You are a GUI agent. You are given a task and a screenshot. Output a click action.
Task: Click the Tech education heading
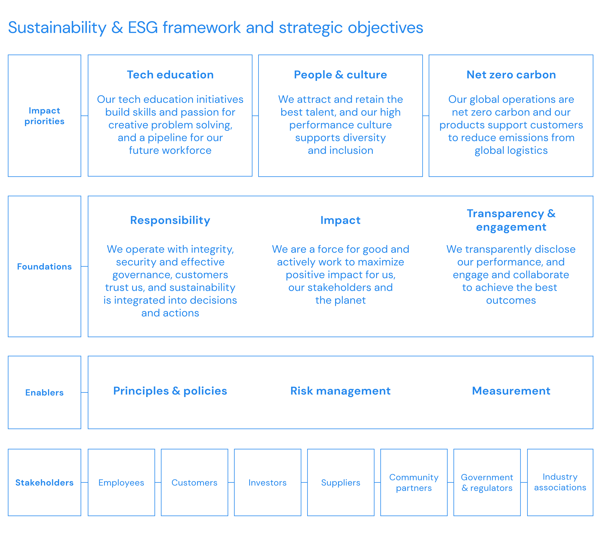[x=170, y=75]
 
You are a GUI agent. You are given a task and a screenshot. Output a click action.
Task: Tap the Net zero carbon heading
[x=511, y=75]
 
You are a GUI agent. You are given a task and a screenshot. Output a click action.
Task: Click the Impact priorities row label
[x=44, y=116]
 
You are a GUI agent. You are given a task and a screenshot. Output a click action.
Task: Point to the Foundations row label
[x=44, y=266]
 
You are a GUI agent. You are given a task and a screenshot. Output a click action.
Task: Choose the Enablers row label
[x=44, y=392]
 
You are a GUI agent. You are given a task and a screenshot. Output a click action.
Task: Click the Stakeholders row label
[x=44, y=482]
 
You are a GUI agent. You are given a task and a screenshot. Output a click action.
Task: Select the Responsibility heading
[x=170, y=220]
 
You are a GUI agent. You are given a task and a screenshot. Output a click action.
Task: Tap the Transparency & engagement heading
[x=511, y=220]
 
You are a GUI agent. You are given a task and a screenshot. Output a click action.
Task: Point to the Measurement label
[x=511, y=391]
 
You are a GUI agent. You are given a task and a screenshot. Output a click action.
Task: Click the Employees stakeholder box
[x=121, y=482]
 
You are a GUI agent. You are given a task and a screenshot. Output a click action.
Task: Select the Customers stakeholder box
[x=194, y=482]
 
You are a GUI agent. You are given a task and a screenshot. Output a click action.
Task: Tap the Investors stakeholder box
[x=268, y=482]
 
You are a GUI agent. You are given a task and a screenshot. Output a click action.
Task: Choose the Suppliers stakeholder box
[x=341, y=482]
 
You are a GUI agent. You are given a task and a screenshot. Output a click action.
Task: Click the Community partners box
[x=414, y=482]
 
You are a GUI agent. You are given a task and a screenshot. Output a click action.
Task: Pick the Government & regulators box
[x=487, y=482]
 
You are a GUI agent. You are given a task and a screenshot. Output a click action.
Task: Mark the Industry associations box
[x=560, y=482]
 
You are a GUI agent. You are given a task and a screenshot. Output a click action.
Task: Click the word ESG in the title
[x=143, y=28]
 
